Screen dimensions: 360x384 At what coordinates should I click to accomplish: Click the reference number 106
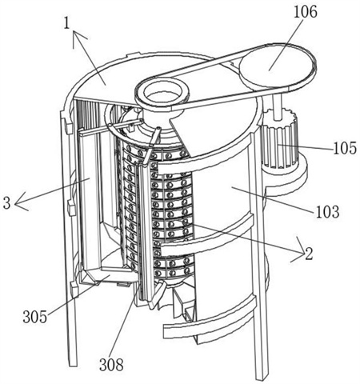[x=306, y=12]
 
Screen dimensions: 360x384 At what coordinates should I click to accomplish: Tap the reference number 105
[x=345, y=148]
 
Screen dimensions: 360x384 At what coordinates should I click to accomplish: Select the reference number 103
[x=327, y=212]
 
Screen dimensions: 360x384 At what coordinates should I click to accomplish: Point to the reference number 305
[x=34, y=318]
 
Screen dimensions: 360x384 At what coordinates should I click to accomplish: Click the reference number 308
[x=111, y=365]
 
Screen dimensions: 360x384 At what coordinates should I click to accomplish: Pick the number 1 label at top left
[x=66, y=23]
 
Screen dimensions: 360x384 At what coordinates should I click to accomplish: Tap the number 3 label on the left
[x=7, y=203]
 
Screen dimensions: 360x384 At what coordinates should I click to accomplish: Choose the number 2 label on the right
[x=309, y=254]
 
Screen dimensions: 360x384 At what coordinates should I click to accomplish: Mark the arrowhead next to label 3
[x=20, y=202]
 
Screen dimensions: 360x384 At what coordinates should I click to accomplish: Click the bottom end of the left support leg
[x=74, y=364]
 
